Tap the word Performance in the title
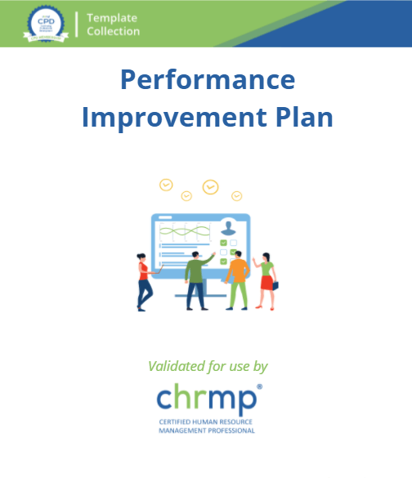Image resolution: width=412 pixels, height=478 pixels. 207,80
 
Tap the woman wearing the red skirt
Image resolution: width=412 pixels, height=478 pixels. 266,282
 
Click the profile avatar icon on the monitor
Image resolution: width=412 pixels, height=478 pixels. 229,228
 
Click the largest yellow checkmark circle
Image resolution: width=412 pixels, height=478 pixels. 210,187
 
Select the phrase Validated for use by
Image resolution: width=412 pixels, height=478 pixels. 208,366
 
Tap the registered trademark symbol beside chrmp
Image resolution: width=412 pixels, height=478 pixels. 259,386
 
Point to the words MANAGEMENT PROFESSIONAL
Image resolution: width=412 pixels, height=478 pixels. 206,431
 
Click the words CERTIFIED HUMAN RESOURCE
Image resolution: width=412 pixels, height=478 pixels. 206,422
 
